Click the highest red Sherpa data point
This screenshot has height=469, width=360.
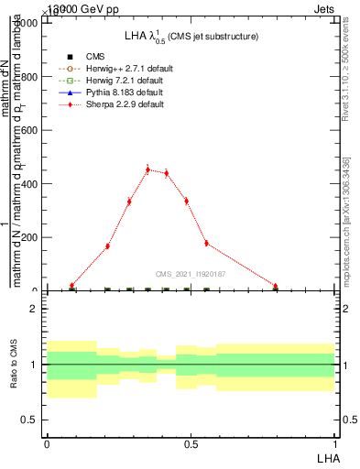coord(147,169)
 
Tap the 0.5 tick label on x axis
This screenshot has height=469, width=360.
coord(191,443)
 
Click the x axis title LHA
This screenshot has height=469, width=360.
coord(326,457)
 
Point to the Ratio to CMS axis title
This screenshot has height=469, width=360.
coord(14,365)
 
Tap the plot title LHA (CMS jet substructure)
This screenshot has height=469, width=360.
coord(191,36)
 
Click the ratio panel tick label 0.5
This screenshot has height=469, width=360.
coord(30,420)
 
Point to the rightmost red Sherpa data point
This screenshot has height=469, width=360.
coord(275,286)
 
